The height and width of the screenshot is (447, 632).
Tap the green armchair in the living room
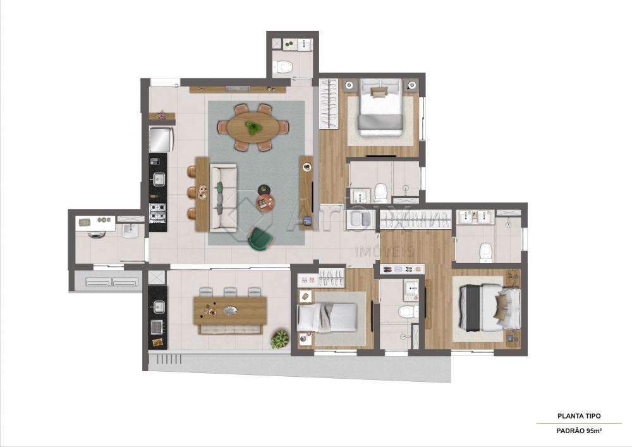pyautogui.click(x=260, y=239)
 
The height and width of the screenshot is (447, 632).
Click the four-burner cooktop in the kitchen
pyautogui.click(x=157, y=212)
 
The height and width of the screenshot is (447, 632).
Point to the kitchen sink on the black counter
pyautogui.click(x=159, y=179)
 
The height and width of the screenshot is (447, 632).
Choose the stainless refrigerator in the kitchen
pyautogui.click(x=161, y=140)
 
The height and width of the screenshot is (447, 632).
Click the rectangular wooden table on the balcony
pyautogui.click(x=230, y=311)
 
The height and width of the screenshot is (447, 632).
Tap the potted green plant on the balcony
pyautogui.click(x=279, y=339)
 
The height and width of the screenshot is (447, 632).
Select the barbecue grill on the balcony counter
pyautogui.click(x=157, y=326)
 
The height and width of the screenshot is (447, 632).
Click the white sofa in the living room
pyautogui.click(x=223, y=197)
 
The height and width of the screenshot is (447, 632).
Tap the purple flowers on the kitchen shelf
pyautogui.click(x=162, y=115)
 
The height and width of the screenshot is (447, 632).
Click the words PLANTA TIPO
pyautogui.click(x=579, y=415)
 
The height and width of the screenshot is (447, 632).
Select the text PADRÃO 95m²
pyautogui.click(x=579, y=431)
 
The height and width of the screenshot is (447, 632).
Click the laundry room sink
pyautogui.click(x=130, y=231)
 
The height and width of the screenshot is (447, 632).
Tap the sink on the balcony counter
pyautogui.click(x=157, y=307)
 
